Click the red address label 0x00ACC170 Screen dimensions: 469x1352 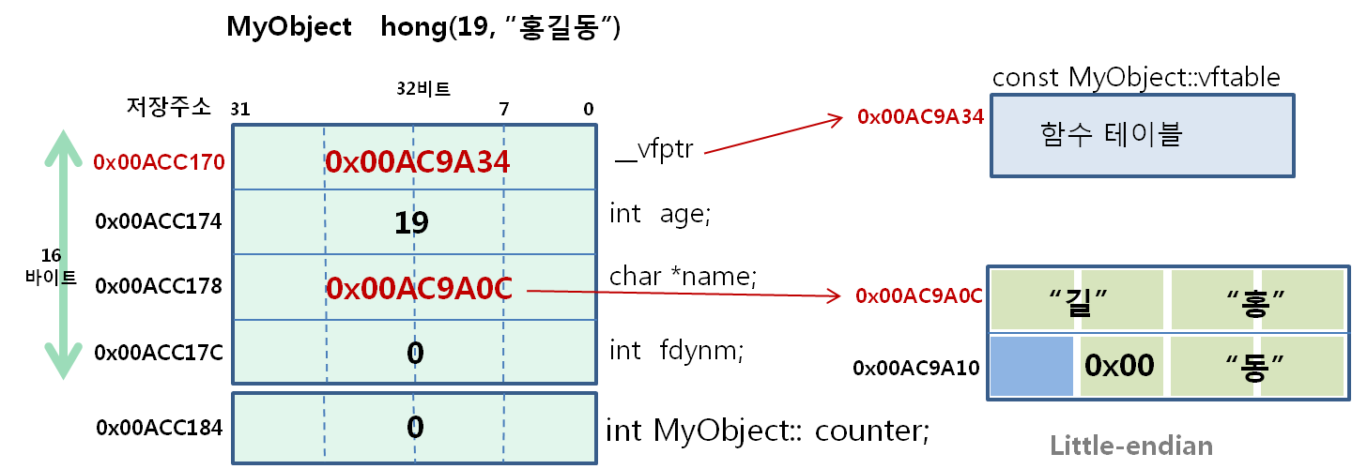pyautogui.click(x=159, y=162)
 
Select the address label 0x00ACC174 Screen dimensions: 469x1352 pyautogui.click(x=159, y=222)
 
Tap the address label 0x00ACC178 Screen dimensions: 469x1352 pyautogui.click(x=159, y=285)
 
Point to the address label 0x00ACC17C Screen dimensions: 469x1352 pyautogui.click(x=159, y=354)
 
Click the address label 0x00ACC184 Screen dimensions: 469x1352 pyautogui.click(x=159, y=428)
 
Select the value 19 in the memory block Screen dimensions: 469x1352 pyautogui.click(x=412, y=222)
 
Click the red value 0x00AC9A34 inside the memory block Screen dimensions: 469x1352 pyautogui.click(x=417, y=162)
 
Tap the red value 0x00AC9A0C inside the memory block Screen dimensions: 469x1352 pyautogui.click(x=419, y=288)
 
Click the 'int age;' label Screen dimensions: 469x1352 pyautogui.click(x=661, y=214)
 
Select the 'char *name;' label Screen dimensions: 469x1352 pyautogui.click(x=683, y=277)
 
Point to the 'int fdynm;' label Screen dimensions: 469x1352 pyautogui.click(x=676, y=351)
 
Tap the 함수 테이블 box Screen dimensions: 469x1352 pyautogui.click(x=1143, y=135)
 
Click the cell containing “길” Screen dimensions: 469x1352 pyautogui.click(x=1077, y=299)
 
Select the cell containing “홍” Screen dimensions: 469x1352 pyautogui.click(x=1255, y=299)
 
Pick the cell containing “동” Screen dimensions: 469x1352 pyautogui.click(x=1255, y=366)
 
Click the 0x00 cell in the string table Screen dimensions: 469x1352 pyautogui.click(x=1119, y=366)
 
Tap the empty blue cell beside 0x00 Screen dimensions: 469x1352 pyautogui.click(x=1031, y=366)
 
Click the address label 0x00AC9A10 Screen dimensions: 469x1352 pyautogui.click(x=916, y=368)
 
